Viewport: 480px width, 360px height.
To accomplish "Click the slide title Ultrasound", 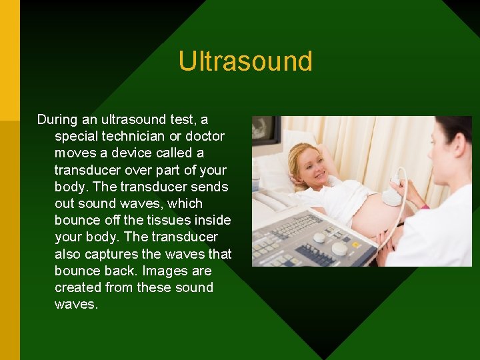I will (x=245, y=61).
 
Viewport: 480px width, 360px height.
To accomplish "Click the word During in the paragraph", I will (x=58, y=120).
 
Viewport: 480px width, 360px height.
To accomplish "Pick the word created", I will (x=78, y=287).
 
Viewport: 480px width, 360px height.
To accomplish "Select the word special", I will (x=76, y=137).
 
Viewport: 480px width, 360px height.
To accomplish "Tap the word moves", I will (x=73, y=153).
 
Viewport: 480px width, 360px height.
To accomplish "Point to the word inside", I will (x=212, y=221).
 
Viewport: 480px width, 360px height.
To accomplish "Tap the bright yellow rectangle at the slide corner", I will (x=10, y=60).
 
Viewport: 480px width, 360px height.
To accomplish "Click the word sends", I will (x=210, y=187).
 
